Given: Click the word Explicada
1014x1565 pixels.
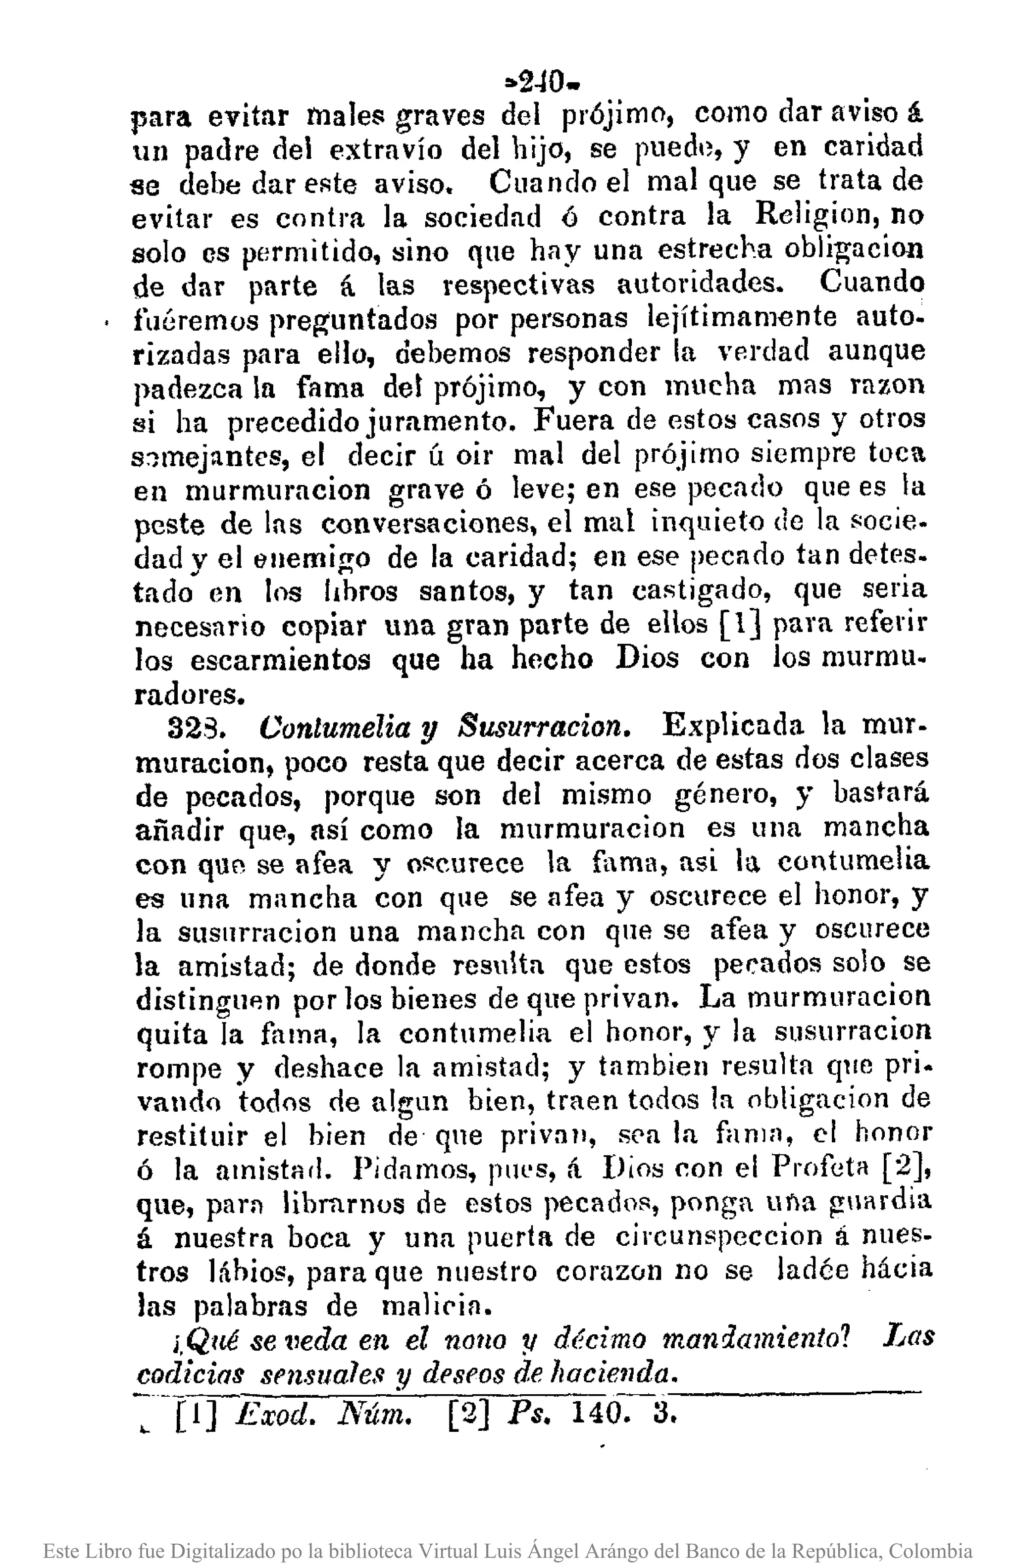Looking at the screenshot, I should tap(733, 725).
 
